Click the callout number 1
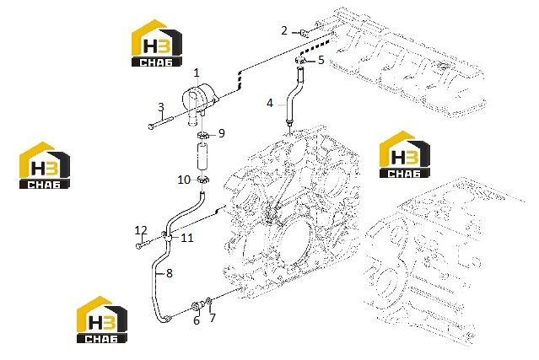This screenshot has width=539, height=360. point(197,73)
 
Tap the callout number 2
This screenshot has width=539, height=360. point(284,30)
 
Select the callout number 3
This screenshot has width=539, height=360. point(161,107)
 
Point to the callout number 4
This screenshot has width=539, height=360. point(270,103)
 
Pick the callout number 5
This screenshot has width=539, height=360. point(321,60)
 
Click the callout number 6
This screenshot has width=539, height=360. point(197,320)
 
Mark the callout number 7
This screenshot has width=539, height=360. point(213,318)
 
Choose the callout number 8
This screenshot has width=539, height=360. point(170,273)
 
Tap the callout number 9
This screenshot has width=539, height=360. point(221,133)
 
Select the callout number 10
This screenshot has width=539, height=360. point(184,180)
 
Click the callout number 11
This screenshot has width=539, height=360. point(187,238)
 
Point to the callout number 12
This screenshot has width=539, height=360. point(141,230)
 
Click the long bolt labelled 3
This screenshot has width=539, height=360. point(161,122)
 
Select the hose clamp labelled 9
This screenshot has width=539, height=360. point(203,135)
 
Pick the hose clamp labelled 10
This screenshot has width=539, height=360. point(203,180)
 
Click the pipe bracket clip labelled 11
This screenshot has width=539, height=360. point(167,237)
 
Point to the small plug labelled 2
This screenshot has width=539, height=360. point(305,33)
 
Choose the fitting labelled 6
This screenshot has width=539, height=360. point(197,305)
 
